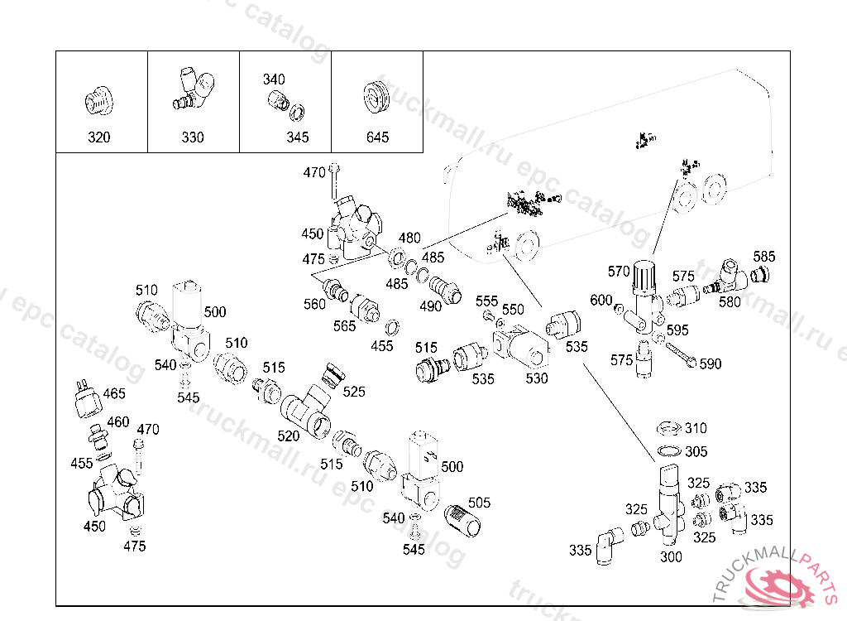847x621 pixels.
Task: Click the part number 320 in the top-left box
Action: (x=98, y=137)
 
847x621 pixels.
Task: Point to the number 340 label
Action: (x=274, y=79)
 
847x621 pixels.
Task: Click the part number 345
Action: (x=298, y=137)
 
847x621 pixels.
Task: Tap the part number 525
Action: (x=353, y=391)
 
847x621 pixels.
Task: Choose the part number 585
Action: (x=764, y=256)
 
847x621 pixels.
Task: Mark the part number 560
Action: (x=314, y=304)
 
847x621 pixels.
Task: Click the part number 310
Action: (x=696, y=428)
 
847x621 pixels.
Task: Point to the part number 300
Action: (x=671, y=557)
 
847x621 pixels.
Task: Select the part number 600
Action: (x=601, y=300)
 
